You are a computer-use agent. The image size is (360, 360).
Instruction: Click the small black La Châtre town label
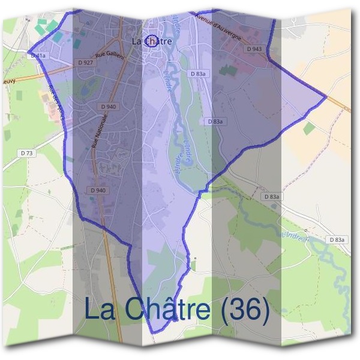[x=151, y=41]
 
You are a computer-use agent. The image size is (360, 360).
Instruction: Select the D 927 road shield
[x=85, y=62]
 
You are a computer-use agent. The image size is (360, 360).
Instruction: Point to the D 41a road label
[x=37, y=55]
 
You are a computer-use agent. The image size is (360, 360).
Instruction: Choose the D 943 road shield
[x=254, y=49]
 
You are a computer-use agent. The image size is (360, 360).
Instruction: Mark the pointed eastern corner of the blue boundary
[x=326, y=97]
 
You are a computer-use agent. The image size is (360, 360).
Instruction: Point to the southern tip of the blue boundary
[x=155, y=332]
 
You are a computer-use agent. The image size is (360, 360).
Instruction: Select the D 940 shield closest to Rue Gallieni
[x=109, y=107]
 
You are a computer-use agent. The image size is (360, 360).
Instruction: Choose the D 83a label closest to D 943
[x=198, y=74]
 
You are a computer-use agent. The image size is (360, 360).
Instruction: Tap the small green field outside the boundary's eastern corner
[x=308, y=128]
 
